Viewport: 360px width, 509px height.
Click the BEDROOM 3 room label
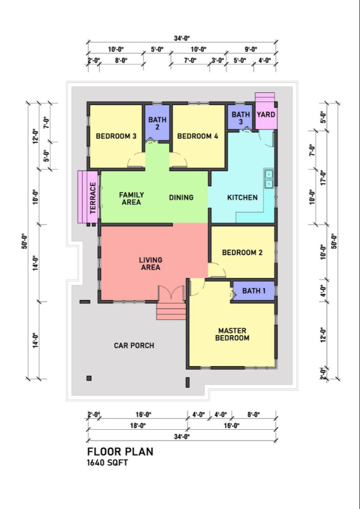tap(116, 136)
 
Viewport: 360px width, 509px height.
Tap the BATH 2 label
tap(157, 123)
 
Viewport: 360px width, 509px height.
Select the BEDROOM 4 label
tap(197, 136)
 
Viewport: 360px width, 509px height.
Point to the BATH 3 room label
tap(241, 118)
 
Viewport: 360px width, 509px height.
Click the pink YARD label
tap(266, 115)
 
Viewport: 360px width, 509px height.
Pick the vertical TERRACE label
tap(93, 197)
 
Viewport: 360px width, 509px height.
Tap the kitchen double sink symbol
tap(269, 179)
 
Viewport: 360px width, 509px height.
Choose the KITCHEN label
tap(242, 197)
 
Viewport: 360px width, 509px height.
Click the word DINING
tap(181, 197)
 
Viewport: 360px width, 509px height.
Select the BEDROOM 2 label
tap(242, 252)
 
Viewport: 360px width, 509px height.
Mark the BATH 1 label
tap(254, 291)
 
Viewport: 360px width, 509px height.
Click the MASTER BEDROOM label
tap(232, 334)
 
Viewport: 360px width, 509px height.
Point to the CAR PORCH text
tap(134, 345)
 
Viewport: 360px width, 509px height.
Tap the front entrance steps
tap(171, 311)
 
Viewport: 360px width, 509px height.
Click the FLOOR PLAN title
tap(120, 451)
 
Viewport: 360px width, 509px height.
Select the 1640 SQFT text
tap(107, 463)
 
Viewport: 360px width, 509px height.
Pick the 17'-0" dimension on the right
tap(322, 177)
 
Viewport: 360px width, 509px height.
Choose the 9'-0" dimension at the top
tap(251, 49)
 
